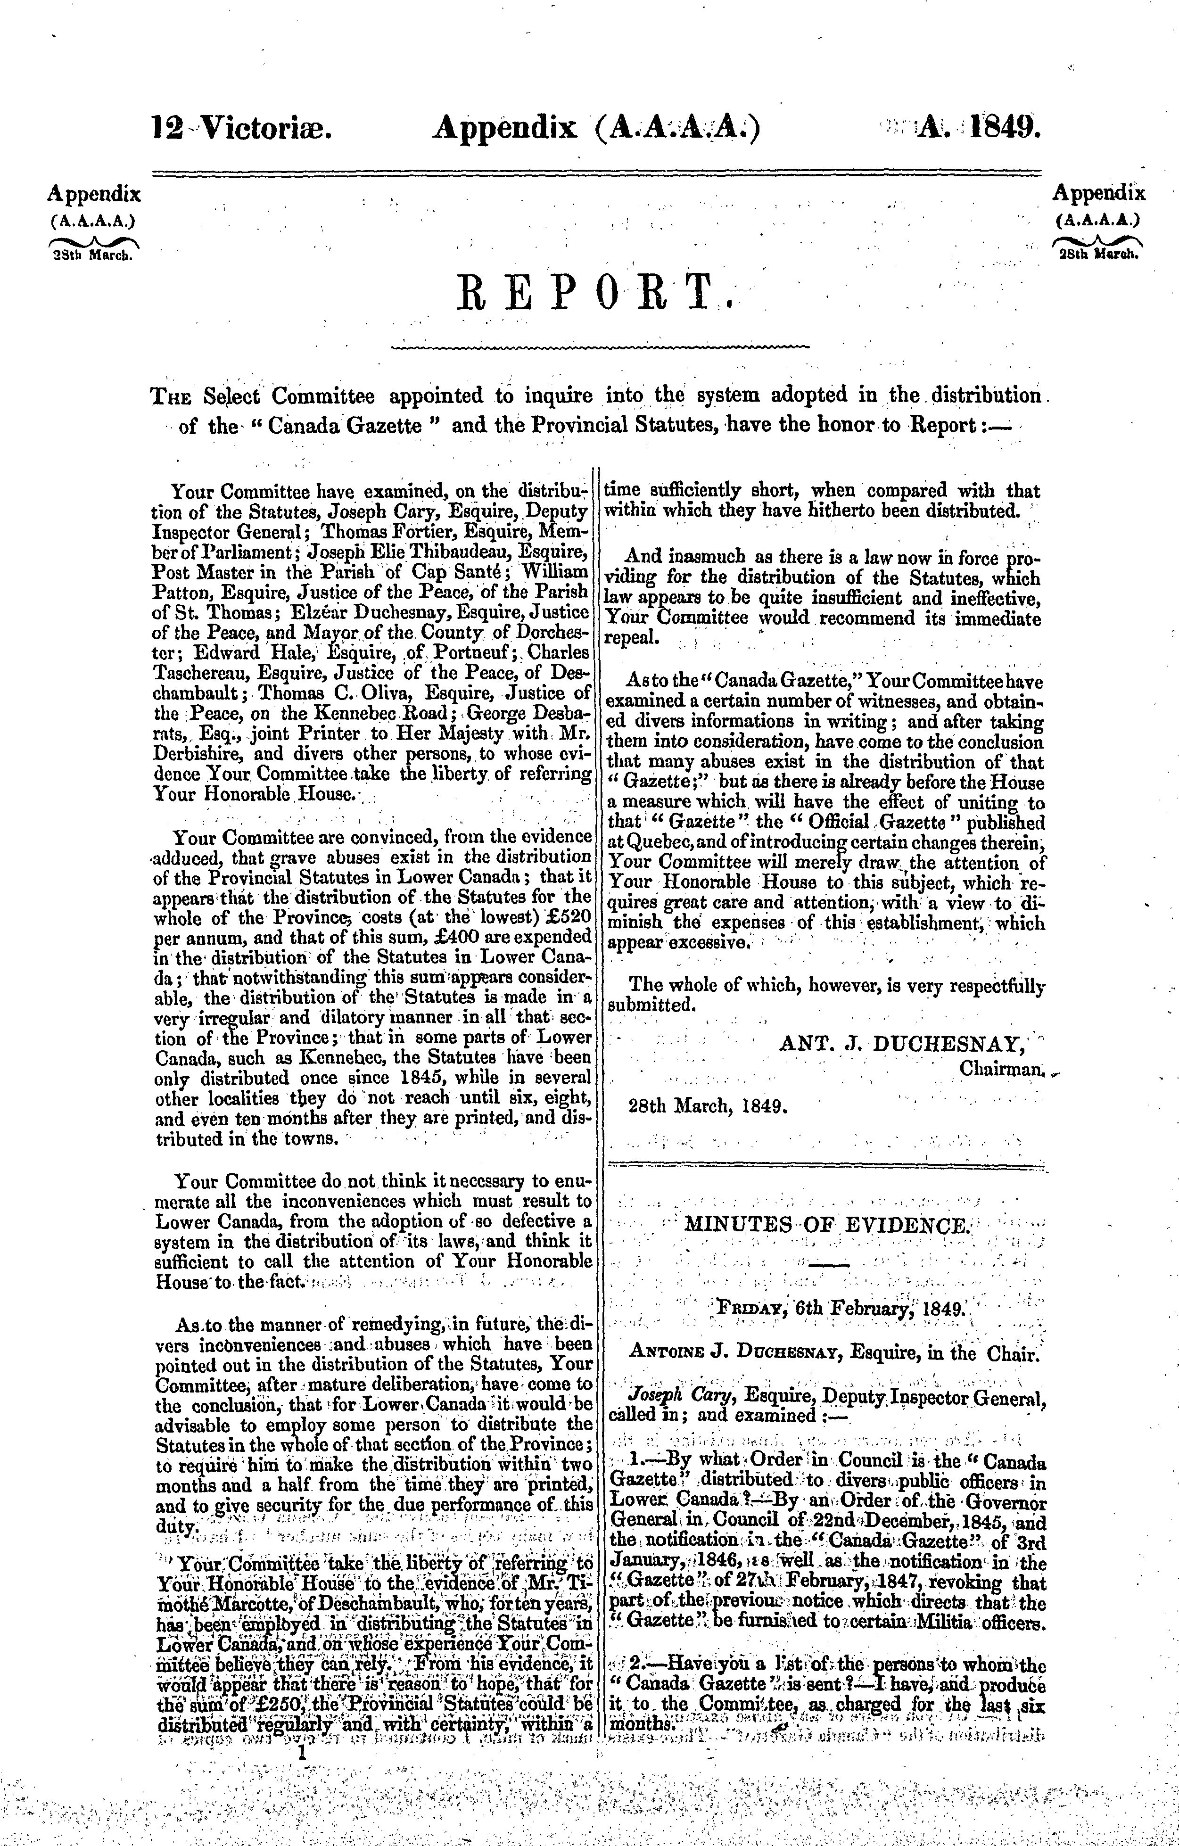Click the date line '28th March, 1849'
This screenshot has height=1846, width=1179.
pyautogui.click(x=709, y=1106)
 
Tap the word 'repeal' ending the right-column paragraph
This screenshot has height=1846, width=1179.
pyautogui.click(x=631, y=637)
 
